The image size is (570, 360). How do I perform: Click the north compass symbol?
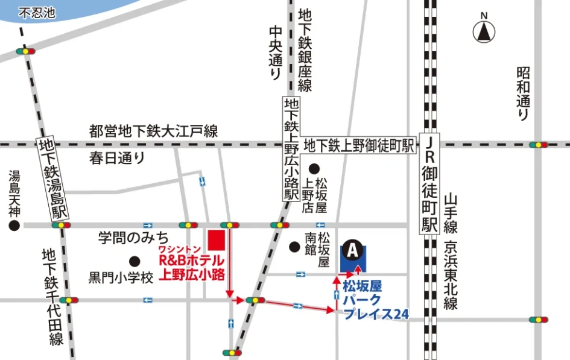(483, 31)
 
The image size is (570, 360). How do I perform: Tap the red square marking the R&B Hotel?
(215, 239)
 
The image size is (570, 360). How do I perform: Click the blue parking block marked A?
(353, 257)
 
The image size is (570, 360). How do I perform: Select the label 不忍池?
(37, 13)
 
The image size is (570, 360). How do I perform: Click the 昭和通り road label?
(523, 93)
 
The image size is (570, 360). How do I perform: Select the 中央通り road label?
(275, 53)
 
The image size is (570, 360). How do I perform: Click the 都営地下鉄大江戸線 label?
(153, 130)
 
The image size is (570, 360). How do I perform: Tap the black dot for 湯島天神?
(13, 226)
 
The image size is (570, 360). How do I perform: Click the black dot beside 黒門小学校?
(135, 261)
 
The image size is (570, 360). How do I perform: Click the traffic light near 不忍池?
(25, 52)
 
